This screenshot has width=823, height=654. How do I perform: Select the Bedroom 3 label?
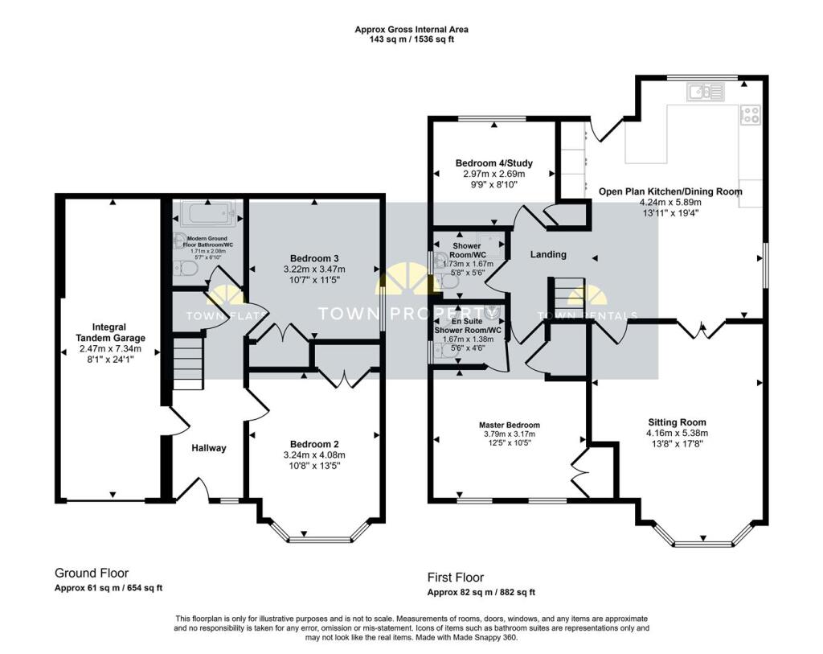click(313, 257)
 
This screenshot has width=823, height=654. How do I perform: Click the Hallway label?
click(209, 448)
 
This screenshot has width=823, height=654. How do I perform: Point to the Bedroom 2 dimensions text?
click(314, 455)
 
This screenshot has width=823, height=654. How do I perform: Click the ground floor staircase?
click(187, 364)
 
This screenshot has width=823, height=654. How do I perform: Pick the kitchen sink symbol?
click(706, 93)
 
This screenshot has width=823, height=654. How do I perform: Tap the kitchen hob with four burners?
click(751, 116)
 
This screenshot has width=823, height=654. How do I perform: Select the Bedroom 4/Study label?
click(493, 162)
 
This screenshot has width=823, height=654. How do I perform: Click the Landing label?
click(548, 254)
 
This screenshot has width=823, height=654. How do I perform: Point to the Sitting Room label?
click(677, 422)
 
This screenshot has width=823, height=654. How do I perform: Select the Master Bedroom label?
click(510, 425)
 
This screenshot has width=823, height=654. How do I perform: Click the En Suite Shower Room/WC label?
click(468, 325)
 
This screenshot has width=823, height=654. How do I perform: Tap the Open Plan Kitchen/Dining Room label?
click(670, 191)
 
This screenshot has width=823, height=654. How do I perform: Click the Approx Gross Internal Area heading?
click(411, 30)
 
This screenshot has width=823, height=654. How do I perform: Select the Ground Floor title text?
click(92, 574)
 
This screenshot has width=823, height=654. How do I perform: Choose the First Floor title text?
click(455, 578)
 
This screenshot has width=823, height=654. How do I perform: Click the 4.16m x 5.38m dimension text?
click(677, 434)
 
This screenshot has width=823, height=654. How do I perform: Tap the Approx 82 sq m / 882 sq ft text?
click(481, 592)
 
